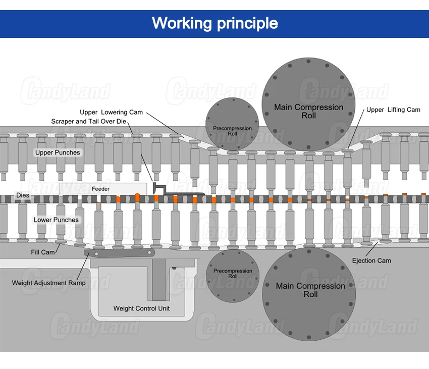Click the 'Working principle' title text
pyautogui.click(x=215, y=23)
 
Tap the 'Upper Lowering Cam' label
pyautogui.click(x=111, y=112)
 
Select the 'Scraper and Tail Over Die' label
pyautogui.click(x=89, y=121)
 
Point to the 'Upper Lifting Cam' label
pyautogui.click(x=393, y=110)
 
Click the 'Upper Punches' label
pyautogui.click(x=58, y=152)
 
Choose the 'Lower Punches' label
pyautogui.click(x=56, y=220)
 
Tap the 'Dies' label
pyautogui.click(x=23, y=195)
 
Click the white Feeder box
pyautogui.click(x=103, y=189)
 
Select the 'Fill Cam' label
pyautogui.click(x=43, y=252)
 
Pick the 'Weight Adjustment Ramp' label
pyautogui.click(x=48, y=283)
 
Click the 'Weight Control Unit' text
pyautogui.click(x=141, y=308)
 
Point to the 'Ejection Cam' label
pyautogui.click(x=371, y=260)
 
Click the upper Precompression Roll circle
pyautogui.click(x=232, y=124)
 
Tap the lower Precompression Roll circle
pyautogui.click(x=233, y=276)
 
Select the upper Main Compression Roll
pyautogui.click(x=308, y=104)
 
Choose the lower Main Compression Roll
pyautogui.click(x=309, y=294)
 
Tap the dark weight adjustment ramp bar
pyautogui.click(x=120, y=253)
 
